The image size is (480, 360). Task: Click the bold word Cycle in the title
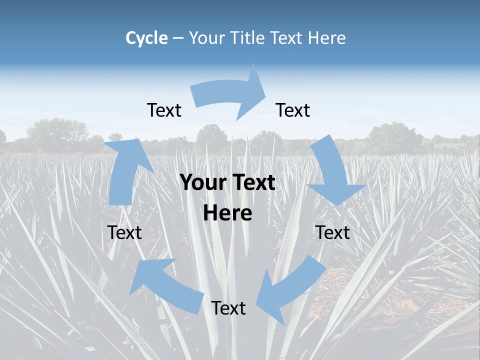[x=146, y=38]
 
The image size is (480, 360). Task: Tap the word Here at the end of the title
[x=327, y=38]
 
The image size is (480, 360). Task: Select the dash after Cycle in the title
[x=178, y=38]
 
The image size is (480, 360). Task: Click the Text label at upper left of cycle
[x=164, y=110]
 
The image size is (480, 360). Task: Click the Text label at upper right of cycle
[x=293, y=110]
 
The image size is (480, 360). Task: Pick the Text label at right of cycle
[x=332, y=232]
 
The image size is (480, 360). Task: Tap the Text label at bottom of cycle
[x=228, y=308]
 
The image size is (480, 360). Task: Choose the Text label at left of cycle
[x=124, y=232]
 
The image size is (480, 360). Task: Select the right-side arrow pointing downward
[x=332, y=175]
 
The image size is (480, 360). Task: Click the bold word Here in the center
[x=227, y=213]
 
